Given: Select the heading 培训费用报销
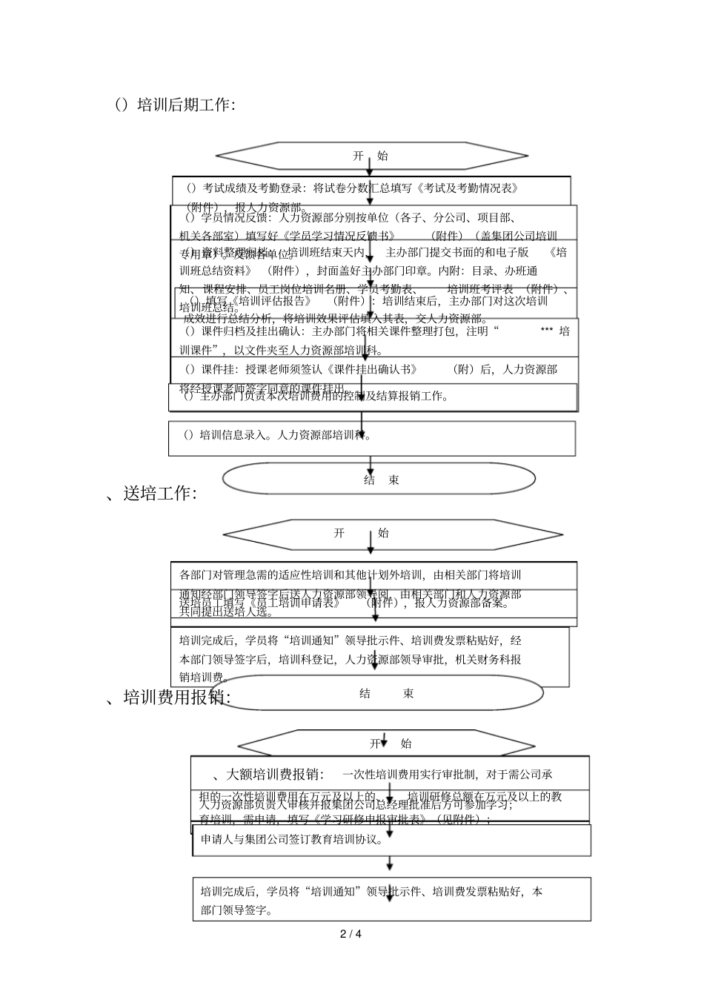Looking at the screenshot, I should [170, 697].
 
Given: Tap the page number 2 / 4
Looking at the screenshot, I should [351, 934].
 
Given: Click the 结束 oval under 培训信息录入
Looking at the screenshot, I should [379, 480].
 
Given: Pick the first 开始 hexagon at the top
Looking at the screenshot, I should [371, 156].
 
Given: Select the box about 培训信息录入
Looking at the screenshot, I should [371, 437].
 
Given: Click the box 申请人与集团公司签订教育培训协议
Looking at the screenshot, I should [391, 840].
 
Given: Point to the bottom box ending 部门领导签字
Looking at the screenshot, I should [391, 899].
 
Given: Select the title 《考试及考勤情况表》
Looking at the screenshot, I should [468, 188].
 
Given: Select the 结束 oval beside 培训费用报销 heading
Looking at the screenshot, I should [385, 694].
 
